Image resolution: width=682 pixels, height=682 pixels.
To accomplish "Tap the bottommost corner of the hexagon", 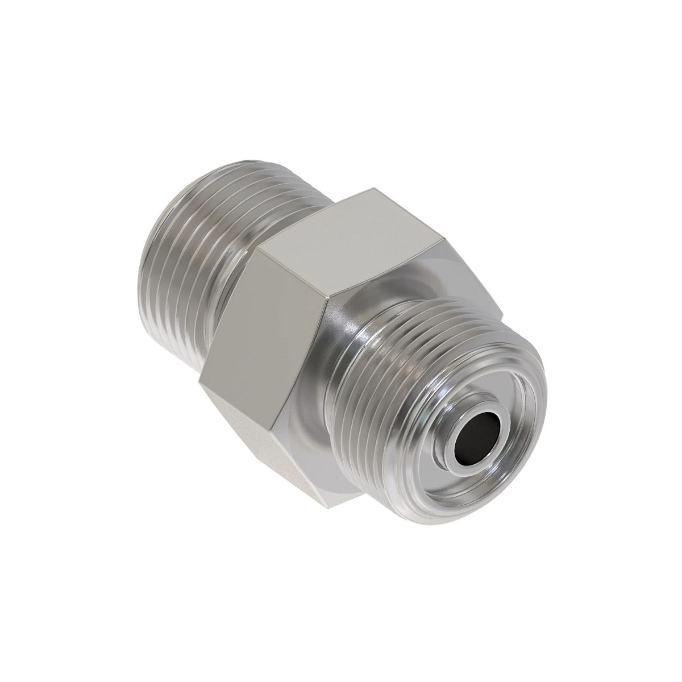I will (328, 508).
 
